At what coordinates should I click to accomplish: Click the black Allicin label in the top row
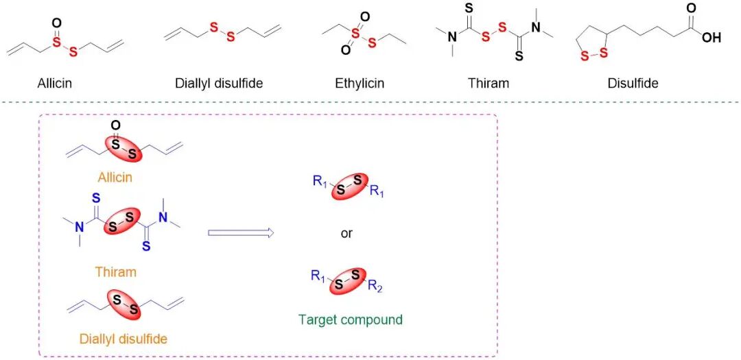coord(55,84)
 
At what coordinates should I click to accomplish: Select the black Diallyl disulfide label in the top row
coord(219,84)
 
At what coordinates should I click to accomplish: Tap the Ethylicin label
coord(360,84)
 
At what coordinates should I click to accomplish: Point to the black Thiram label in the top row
coord(488,84)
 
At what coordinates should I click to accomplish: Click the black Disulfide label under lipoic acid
coord(633,84)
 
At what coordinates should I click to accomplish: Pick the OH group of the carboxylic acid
coord(711,37)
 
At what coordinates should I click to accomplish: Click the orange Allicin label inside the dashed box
coord(116,178)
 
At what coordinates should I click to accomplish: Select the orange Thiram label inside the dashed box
coord(116,272)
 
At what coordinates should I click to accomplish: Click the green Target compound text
coord(351,320)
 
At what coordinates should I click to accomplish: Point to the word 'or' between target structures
coord(346,233)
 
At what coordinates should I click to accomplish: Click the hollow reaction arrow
coord(241,233)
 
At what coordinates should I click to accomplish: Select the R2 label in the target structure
coord(375,287)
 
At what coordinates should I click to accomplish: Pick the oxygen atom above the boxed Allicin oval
coord(115,125)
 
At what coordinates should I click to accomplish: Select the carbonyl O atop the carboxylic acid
coord(691,8)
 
